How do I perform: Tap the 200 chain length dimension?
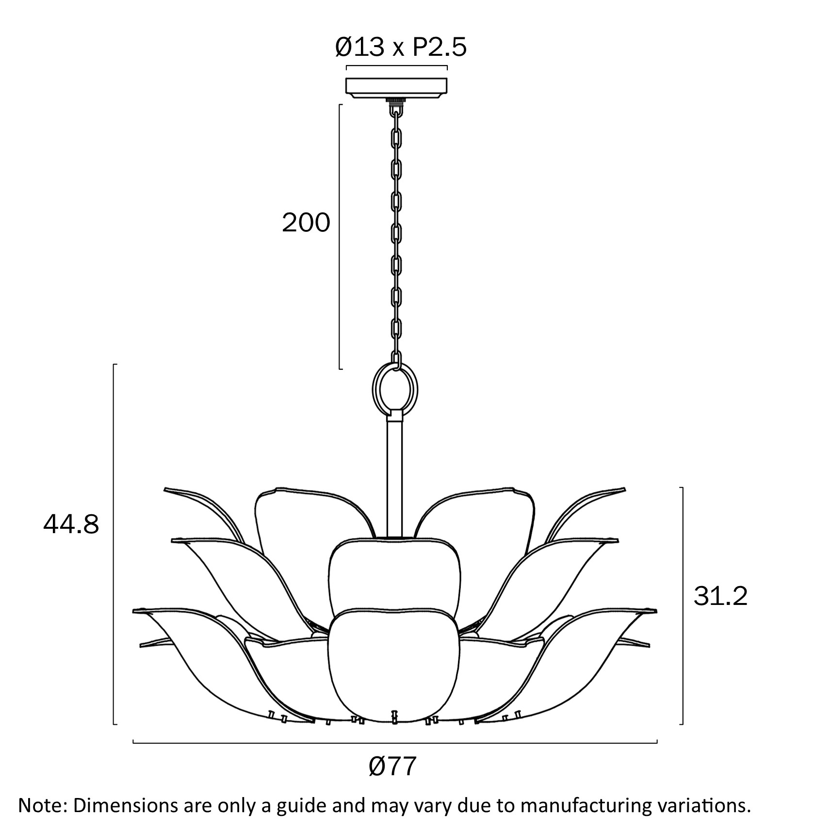click(x=306, y=224)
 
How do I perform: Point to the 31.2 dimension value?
click(x=720, y=596)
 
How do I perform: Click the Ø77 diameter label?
click(x=393, y=767)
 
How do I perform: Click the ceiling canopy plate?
click(x=396, y=87)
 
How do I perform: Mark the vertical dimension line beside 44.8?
click(x=114, y=543)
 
